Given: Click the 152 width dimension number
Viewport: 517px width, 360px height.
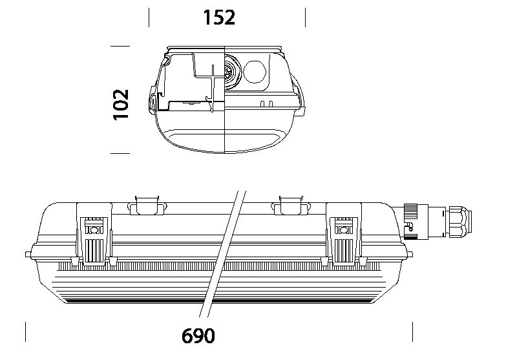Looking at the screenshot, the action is (219, 17).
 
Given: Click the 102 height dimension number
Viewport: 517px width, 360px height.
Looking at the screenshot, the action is (121, 105).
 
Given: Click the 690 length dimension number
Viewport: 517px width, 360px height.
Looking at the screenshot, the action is (198, 335).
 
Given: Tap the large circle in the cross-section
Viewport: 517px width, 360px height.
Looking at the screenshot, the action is (255, 72).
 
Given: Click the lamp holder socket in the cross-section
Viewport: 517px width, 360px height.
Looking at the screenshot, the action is (232, 72).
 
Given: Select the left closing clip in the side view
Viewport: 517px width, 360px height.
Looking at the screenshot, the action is (94, 234).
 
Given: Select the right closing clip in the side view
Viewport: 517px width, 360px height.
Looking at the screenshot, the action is (344, 234).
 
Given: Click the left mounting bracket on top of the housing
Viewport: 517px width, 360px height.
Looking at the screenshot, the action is (147, 206).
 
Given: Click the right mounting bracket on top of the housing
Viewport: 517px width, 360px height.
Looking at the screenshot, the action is (291, 206).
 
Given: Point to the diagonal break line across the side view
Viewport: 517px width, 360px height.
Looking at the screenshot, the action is (222, 254).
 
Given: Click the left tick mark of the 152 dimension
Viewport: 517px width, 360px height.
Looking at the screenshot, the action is (149, 17).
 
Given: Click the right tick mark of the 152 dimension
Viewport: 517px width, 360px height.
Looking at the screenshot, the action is (305, 17).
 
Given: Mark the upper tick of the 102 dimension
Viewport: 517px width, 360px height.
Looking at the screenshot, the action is (120, 46).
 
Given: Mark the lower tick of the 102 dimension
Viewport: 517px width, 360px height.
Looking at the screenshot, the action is (120, 153).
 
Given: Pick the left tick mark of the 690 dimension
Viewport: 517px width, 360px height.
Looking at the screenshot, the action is (26, 332).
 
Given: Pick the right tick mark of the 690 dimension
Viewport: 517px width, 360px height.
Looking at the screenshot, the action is (412, 332).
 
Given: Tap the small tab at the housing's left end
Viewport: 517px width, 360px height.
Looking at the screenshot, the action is (28, 255).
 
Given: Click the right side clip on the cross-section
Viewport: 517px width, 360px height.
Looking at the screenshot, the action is (300, 96).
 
